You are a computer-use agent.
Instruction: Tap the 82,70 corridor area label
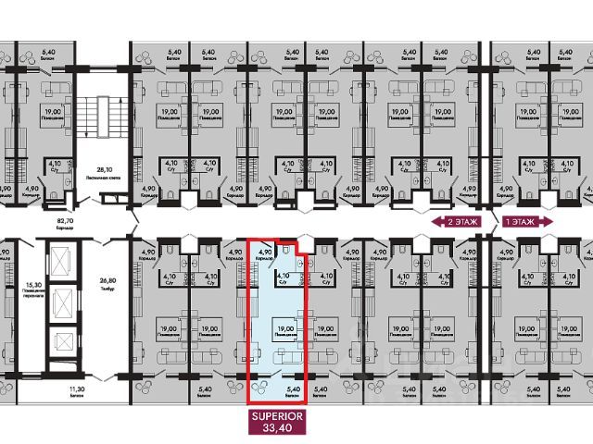click(x=65, y=223)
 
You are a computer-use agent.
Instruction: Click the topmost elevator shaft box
click(x=61, y=263)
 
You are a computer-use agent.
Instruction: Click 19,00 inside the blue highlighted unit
click(x=285, y=326)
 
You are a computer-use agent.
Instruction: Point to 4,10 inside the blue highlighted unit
click(x=285, y=275)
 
